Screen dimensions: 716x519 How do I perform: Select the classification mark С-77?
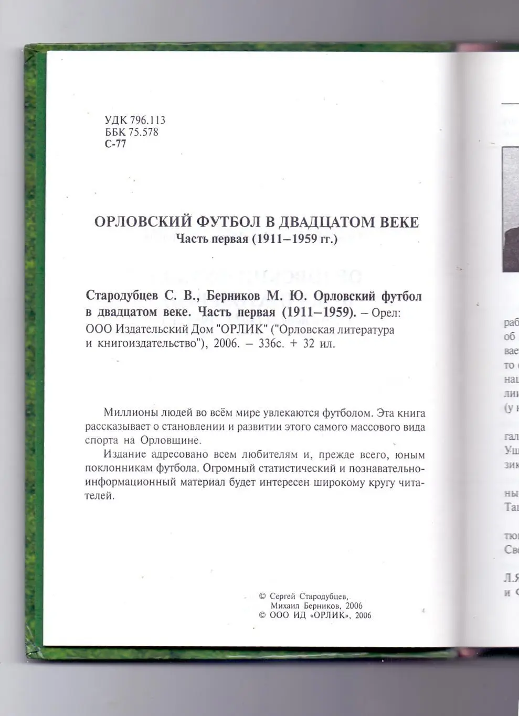click(x=115, y=144)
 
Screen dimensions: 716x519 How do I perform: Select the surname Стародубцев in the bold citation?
click(x=122, y=296)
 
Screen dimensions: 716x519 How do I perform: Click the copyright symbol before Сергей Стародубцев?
click(x=262, y=596)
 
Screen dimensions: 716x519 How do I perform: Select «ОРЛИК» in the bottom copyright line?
click(x=330, y=616)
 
